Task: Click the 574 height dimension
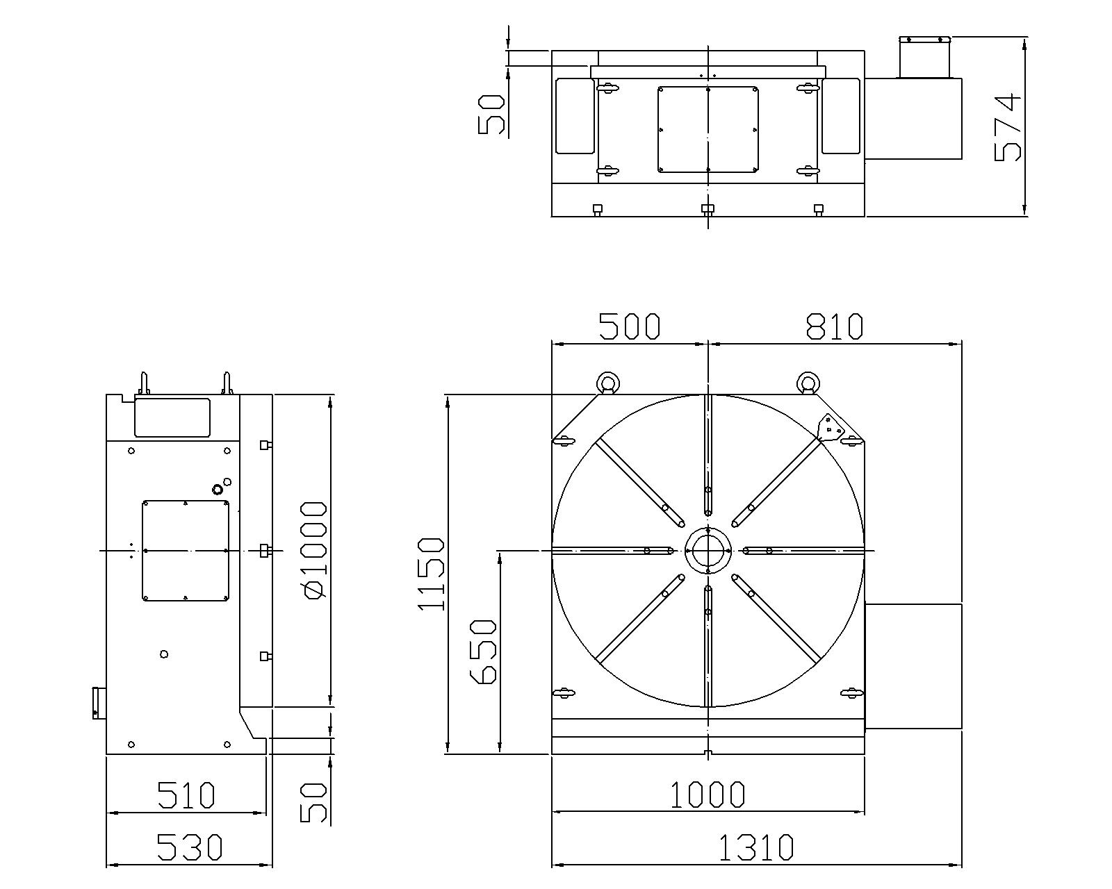tap(1008, 126)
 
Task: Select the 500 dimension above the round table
tap(630, 326)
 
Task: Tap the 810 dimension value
tap(834, 326)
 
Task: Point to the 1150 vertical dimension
tap(430, 574)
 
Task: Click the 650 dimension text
tap(482, 652)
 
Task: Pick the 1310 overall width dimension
tap(755, 847)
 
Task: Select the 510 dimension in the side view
tap(186, 795)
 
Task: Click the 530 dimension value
tap(189, 847)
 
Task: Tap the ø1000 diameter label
tap(313, 551)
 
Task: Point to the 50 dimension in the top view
tap(491, 114)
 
